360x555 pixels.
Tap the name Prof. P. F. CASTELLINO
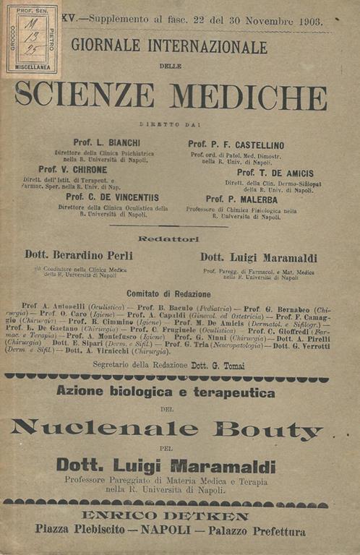pos(241,145)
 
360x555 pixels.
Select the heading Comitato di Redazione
pos(168,294)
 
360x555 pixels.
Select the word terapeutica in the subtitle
pos(232,394)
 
